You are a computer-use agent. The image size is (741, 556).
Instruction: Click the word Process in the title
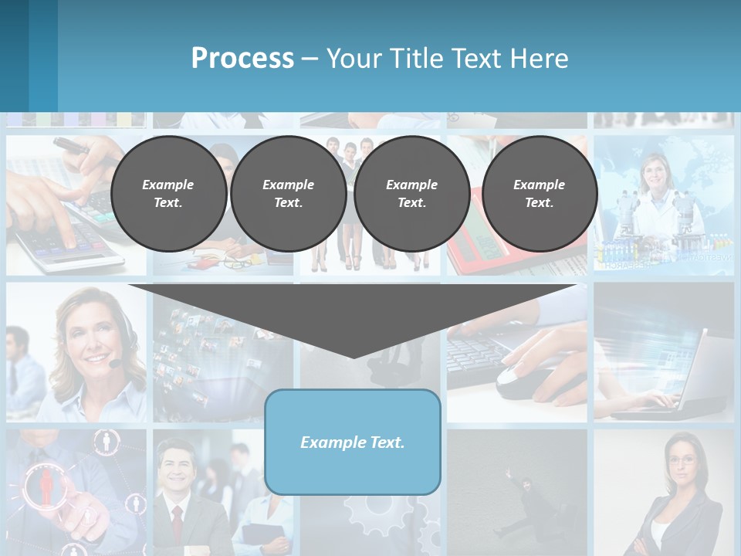[x=242, y=59]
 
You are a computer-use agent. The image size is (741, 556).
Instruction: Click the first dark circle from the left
[x=168, y=194]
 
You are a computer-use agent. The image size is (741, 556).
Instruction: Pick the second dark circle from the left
[x=288, y=194]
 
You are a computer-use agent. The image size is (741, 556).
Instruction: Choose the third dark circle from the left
[x=411, y=194]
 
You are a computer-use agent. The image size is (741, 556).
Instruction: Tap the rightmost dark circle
[x=540, y=194]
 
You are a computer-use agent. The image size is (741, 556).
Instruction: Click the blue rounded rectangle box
[x=353, y=442]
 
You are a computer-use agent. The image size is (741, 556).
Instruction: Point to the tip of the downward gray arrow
[x=353, y=356]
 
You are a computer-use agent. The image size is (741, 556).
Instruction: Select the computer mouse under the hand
[x=516, y=379]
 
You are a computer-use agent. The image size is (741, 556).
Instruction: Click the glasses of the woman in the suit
[x=682, y=461]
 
